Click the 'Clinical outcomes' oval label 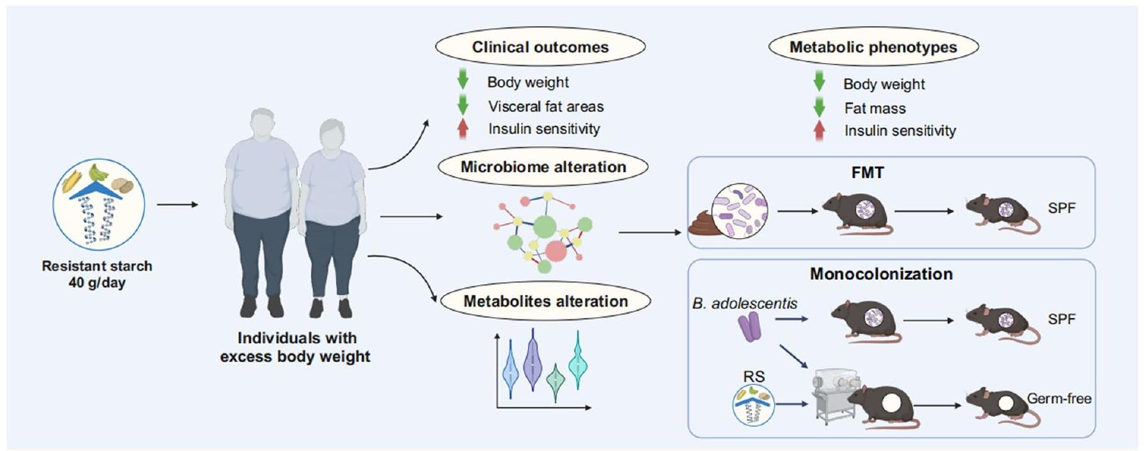pos(540,47)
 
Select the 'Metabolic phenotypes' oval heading pos(873,47)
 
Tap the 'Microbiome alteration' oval pos(543,167)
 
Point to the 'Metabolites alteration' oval pos(545,301)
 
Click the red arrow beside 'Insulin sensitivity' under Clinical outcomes pos(463,128)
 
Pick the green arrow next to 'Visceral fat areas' pos(463,105)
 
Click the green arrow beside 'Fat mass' pos(819,107)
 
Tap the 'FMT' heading pos(867,173)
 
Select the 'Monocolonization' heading pos(881,274)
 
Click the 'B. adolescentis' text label pos(744,304)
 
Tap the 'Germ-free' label pos(1059,399)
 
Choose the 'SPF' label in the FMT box pos(1062,208)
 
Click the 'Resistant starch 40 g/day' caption pos(97,274)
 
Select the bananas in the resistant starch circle pos(98,172)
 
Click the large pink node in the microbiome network pos(556,251)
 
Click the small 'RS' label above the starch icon pos(754,377)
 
